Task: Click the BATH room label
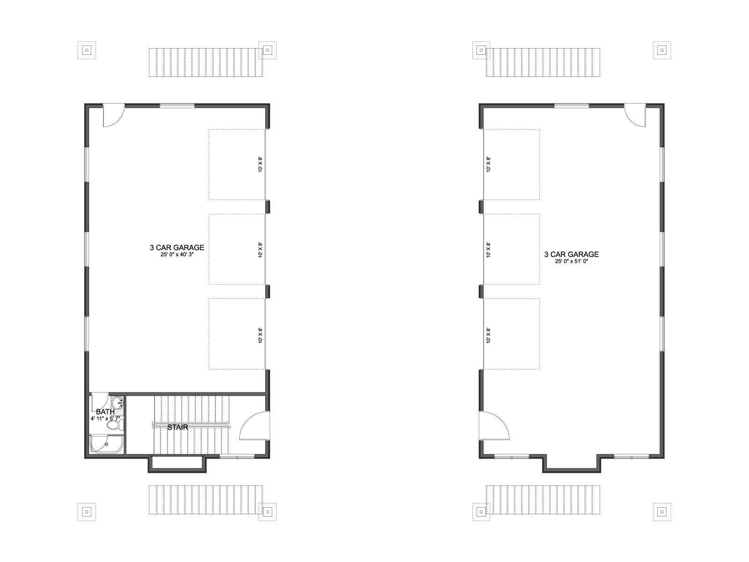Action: point(105,412)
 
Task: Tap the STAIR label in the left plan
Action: point(177,427)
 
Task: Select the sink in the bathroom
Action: point(117,403)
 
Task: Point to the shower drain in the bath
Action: point(106,444)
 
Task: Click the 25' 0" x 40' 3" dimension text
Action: point(177,254)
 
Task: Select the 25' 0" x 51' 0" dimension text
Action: point(571,261)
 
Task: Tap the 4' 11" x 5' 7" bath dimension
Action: point(105,418)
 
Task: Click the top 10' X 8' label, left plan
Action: point(260,164)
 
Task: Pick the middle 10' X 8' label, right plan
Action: point(488,250)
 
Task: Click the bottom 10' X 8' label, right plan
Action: point(488,335)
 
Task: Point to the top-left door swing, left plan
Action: point(114,116)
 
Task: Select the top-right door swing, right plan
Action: point(635,116)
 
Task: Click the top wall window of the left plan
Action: point(177,106)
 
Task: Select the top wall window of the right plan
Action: point(572,106)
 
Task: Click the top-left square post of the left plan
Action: point(87,51)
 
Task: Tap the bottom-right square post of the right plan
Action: point(662,512)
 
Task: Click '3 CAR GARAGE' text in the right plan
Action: point(571,254)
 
